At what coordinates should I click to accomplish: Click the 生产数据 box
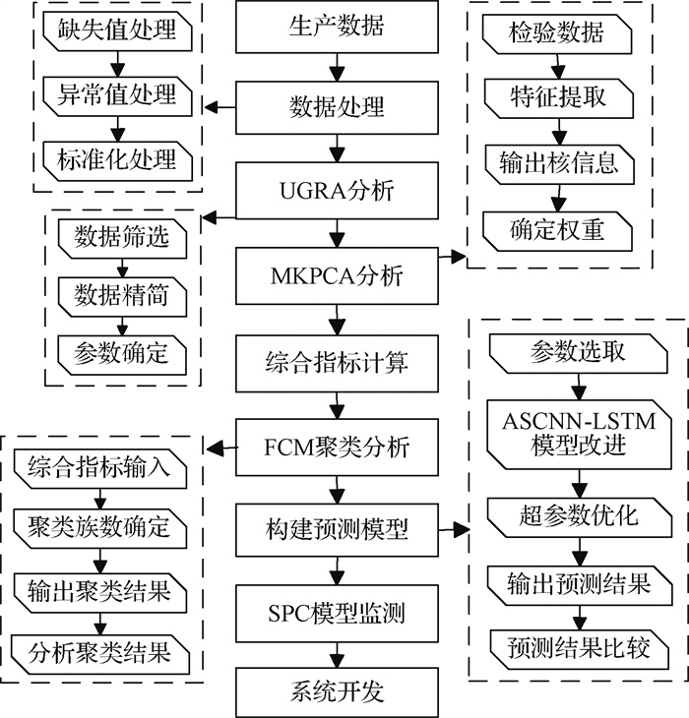click(x=337, y=27)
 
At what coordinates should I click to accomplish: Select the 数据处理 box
click(x=337, y=106)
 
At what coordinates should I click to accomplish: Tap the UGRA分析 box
click(x=337, y=188)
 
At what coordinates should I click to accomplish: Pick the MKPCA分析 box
click(x=337, y=277)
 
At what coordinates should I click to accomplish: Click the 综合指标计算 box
click(x=337, y=362)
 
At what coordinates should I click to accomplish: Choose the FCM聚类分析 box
click(x=337, y=449)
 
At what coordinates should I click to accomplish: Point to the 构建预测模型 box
click(x=337, y=531)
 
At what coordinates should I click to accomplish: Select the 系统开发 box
click(x=337, y=691)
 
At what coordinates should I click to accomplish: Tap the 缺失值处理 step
click(x=117, y=30)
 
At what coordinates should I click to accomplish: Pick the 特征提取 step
click(x=557, y=98)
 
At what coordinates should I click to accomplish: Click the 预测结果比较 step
click(x=578, y=648)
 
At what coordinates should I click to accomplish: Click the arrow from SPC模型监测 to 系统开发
click(x=337, y=654)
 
